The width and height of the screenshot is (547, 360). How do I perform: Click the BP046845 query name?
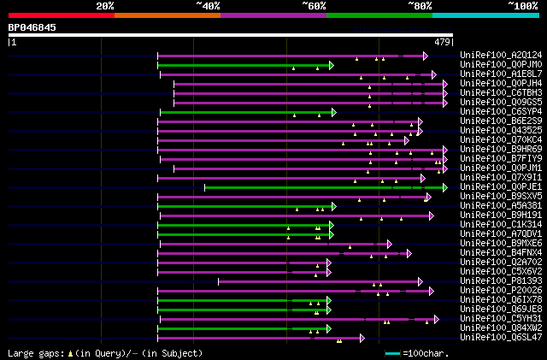point(32,27)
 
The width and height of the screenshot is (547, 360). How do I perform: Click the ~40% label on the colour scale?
point(208,5)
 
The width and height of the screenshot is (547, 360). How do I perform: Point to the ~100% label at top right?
point(523,5)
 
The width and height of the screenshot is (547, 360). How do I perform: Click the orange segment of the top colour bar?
point(167,15)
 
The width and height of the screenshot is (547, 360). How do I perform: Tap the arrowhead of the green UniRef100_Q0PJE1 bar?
point(444,187)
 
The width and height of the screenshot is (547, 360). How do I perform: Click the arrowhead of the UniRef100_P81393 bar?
point(420,281)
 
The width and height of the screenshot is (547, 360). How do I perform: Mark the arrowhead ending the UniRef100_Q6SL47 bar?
point(362,338)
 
